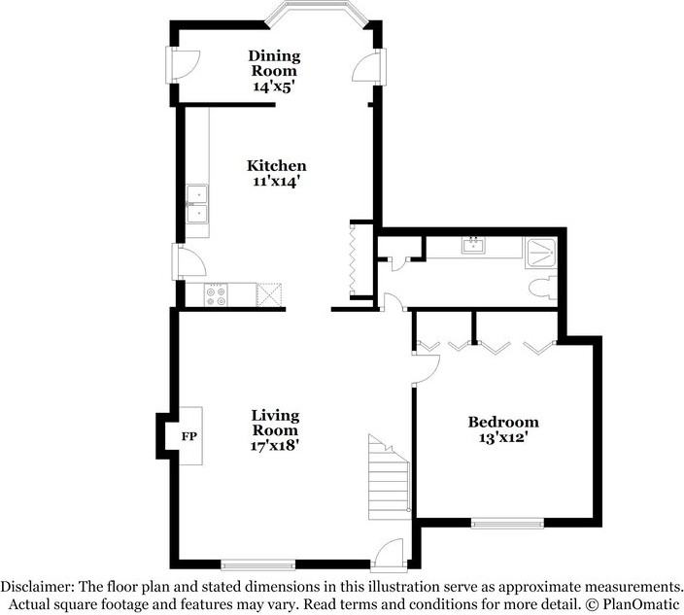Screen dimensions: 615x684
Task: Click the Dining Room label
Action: pos(274,63)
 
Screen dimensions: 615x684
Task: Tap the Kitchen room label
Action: pos(276,166)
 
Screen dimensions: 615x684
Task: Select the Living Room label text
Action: pos(274,423)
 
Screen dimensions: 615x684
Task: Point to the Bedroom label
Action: pos(503,423)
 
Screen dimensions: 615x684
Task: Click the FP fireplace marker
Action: pos(189,435)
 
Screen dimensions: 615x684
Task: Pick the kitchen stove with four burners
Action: pos(216,294)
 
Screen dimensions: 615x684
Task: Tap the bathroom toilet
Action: pos(541,288)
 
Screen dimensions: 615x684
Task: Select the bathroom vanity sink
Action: pos(475,245)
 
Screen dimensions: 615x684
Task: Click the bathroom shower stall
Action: pos(540,253)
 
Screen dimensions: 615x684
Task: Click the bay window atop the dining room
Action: pos(319,15)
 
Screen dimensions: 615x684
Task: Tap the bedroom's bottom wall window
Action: pos(507,525)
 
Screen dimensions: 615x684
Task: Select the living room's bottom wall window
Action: pos(257,564)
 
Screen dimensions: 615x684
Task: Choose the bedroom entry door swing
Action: pos(426,365)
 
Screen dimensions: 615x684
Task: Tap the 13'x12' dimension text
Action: pos(503,438)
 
